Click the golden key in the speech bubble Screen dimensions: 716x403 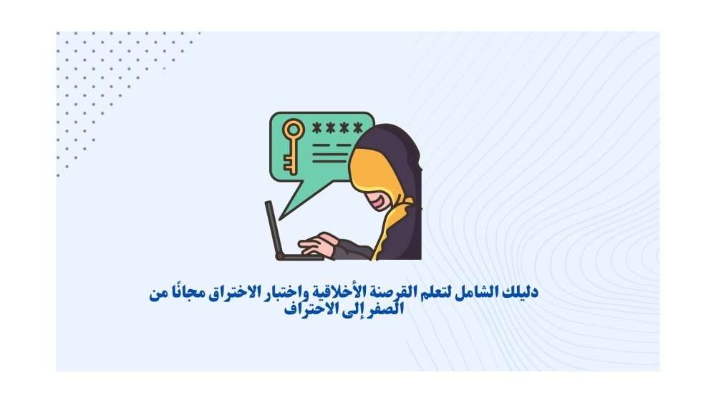pos(293,147)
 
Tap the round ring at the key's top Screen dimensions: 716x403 pos(293,130)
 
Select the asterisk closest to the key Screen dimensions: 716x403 pos(317,127)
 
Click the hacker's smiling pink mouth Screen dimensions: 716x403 pos(377,201)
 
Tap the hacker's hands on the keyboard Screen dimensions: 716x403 pos(318,245)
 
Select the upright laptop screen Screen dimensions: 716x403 pos(272,229)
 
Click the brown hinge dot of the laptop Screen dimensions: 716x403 pos(279,256)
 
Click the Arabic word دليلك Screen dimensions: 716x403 pos(520,292)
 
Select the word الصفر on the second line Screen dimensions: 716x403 pos(387,309)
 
